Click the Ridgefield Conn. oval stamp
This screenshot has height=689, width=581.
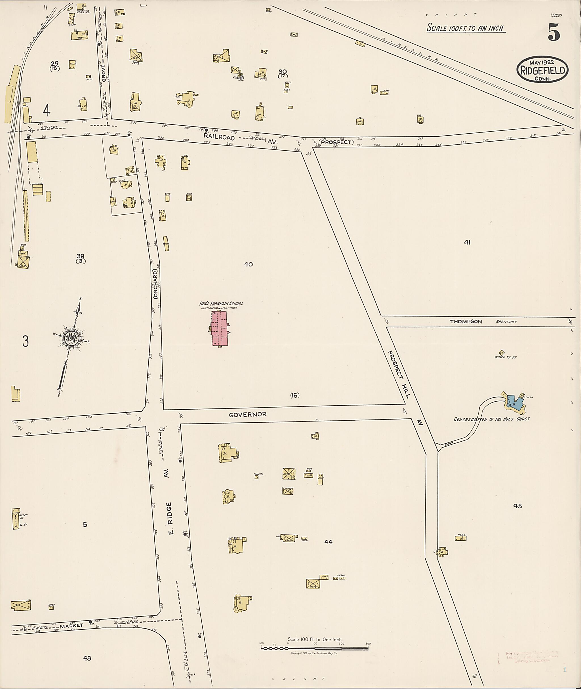[x=542, y=70]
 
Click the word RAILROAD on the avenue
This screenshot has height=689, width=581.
[x=219, y=138]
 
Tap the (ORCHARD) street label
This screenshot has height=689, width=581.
[x=155, y=284]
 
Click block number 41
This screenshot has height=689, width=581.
[x=467, y=243]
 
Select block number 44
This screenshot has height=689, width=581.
[x=328, y=542]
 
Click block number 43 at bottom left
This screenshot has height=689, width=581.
[x=87, y=658]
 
